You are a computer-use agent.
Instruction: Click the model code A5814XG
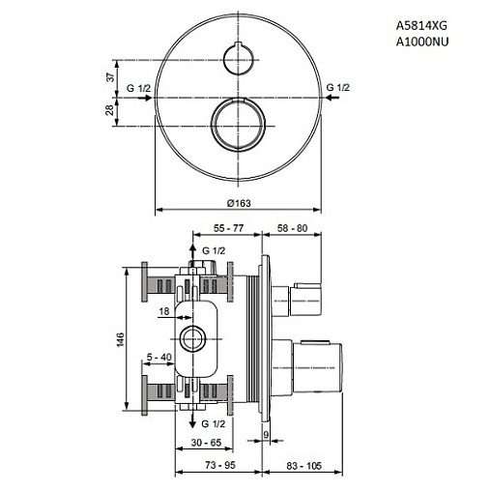pos(421,25)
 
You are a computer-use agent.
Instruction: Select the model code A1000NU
pos(422,42)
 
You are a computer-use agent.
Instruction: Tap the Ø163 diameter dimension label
pos(239,203)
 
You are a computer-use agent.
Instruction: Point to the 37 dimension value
pos(110,77)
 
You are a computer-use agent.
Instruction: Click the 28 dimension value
pos(110,110)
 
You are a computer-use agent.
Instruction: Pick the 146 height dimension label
pos(120,340)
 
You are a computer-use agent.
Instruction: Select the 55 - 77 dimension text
pos(228,228)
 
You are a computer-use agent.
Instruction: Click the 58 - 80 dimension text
pos(292,228)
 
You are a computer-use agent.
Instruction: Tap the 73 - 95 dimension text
pos(220,465)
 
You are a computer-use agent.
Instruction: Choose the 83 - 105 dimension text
pos(303,466)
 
